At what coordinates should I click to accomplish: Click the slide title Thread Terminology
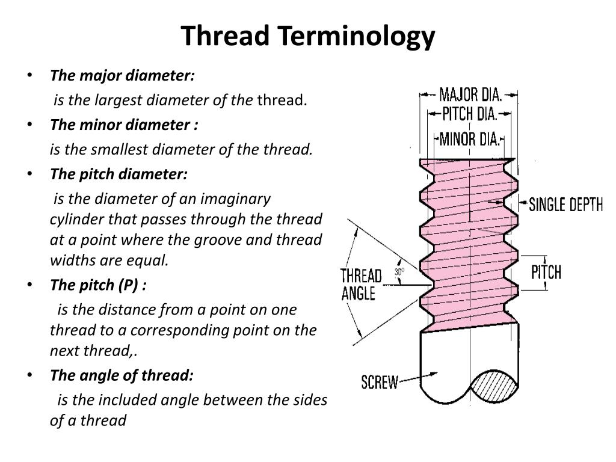click(x=308, y=35)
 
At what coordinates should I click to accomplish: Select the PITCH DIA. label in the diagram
click(x=469, y=114)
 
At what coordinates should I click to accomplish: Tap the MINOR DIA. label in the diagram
click(x=469, y=140)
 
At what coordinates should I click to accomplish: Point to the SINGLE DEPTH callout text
click(x=565, y=205)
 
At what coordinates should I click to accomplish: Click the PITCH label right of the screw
click(x=546, y=272)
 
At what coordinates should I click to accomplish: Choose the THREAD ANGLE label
click(x=361, y=285)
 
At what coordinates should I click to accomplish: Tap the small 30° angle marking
click(x=399, y=273)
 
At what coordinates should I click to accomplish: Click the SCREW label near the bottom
click(x=380, y=382)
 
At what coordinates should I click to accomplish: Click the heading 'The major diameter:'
click(x=123, y=76)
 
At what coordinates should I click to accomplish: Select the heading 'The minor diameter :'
click(x=124, y=125)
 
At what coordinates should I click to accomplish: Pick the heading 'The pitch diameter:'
click(x=119, y=174)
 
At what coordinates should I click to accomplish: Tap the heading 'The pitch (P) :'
click(x=98, y=285)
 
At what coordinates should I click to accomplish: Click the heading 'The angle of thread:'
click(x=122, y=375)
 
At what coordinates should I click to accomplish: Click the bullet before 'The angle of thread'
click(x=31, y=375)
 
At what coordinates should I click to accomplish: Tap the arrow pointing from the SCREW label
click(x=412, y=380)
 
